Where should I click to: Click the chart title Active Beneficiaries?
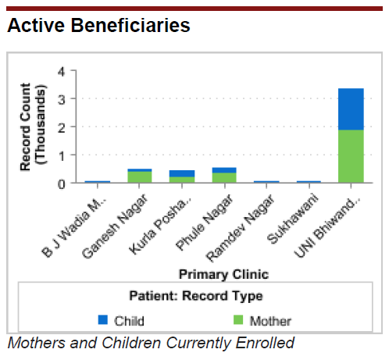[98, 25]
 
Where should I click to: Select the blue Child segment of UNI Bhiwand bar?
[351, 109]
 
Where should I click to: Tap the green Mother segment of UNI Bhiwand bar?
[351, 156]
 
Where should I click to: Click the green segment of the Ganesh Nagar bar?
[140, 177]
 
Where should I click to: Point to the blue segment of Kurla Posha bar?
[182, 173]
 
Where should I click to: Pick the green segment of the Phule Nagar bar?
[224, 178]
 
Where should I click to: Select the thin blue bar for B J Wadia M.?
[98, 182]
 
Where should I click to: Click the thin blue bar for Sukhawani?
[309, 182]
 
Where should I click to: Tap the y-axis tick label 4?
[62, 72]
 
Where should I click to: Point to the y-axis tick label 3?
[62, 99]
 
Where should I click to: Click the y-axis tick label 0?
[62, 184]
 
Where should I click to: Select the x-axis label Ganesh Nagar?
[115, 226]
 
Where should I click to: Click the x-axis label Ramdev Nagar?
[240, 228]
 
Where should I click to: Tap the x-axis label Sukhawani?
[293, 219]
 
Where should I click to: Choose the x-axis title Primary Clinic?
[223, 274]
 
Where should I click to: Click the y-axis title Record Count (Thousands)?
[33, 127]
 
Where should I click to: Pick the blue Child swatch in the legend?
[103, 319]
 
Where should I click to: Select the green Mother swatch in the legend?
[238, 319]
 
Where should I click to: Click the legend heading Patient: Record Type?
[196, 296]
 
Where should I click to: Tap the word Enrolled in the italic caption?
[265, 343]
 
